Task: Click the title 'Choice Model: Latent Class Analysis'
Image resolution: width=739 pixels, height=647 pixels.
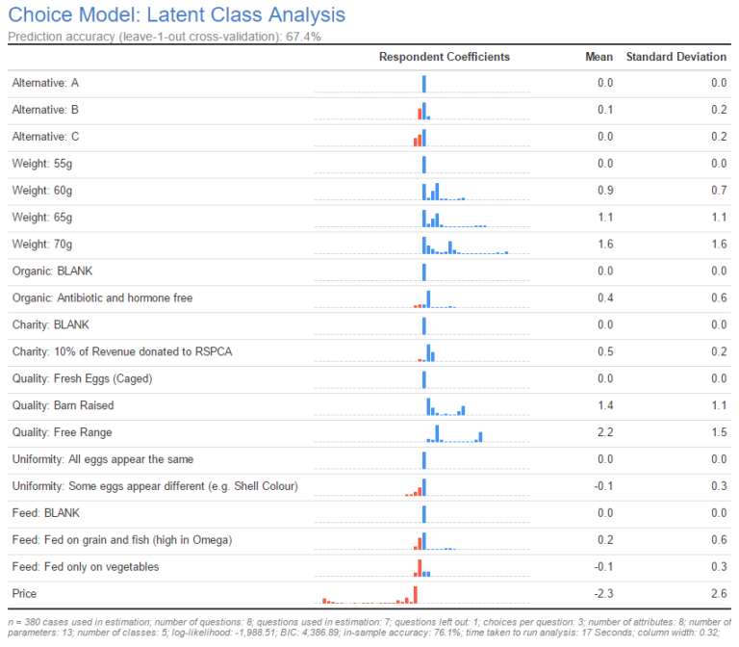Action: coord(176,15)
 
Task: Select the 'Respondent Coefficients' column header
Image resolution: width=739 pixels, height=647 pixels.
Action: coord(445,57)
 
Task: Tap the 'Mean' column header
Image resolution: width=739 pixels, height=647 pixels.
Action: coord(599,57)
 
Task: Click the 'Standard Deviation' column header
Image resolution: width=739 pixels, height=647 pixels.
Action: coord(675,57)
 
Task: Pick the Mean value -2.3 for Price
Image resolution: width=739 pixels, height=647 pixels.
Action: coord(604,594)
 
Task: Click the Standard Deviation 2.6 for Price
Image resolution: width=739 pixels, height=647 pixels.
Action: coord(718,594)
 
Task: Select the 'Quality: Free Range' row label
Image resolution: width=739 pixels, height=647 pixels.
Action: coord(62,432)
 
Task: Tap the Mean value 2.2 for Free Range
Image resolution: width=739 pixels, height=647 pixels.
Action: coord(604,432)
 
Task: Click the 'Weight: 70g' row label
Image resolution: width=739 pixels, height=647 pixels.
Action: coord(41,244)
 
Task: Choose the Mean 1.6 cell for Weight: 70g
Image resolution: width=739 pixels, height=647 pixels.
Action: coord(604,244)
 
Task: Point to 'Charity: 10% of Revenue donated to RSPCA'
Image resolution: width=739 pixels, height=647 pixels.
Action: coord(121,351)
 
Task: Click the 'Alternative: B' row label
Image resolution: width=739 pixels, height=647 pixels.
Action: coord(45,110)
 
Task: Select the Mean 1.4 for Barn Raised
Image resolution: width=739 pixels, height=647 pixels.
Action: coord(604,405)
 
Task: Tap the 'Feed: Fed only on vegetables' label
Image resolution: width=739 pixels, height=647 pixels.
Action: coord(85,567)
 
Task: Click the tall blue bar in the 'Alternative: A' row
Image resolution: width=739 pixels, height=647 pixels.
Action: coord(423,84)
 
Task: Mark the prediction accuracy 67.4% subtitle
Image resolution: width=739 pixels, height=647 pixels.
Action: coord(164,37)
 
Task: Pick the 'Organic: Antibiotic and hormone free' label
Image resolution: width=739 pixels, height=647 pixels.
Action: coord(102,298)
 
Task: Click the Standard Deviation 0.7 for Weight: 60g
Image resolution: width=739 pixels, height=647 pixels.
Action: coord(718,191)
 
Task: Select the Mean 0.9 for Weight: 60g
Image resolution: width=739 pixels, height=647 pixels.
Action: coord(604,191)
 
